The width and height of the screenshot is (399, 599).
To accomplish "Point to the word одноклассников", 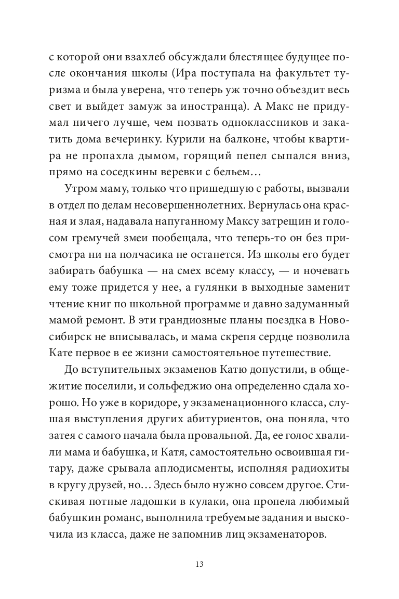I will [261, 123].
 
